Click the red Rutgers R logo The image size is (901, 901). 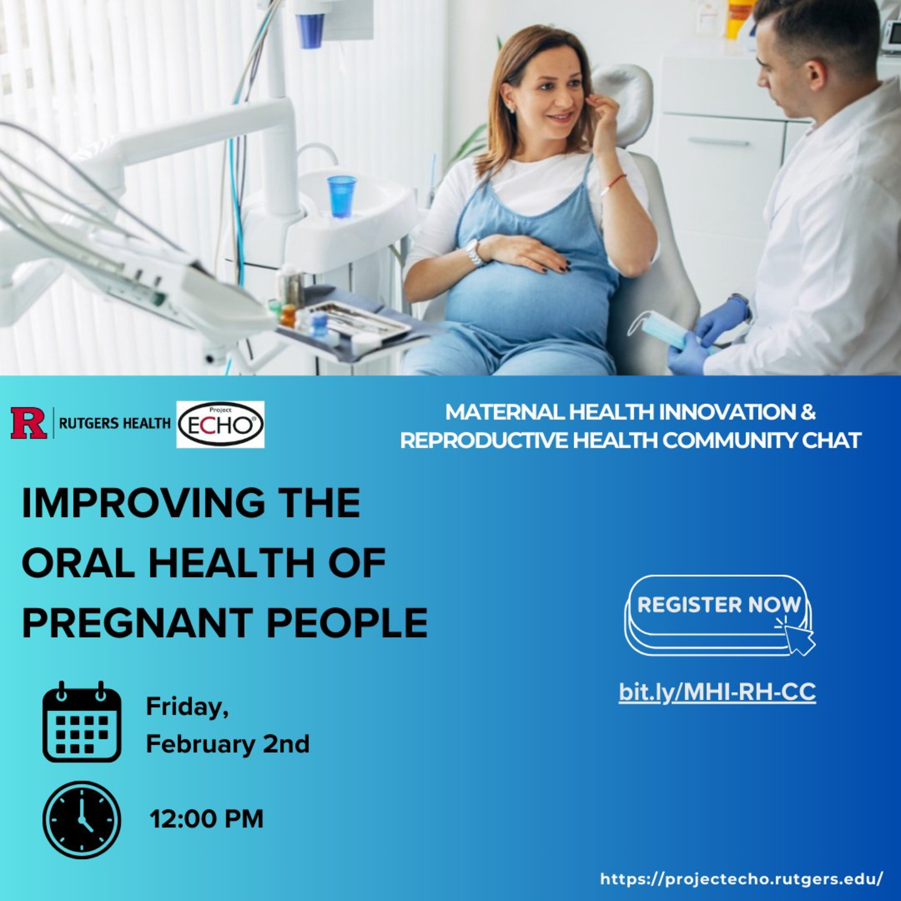[28, 423]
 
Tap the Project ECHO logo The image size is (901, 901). [220, 424]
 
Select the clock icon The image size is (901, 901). [82, 820]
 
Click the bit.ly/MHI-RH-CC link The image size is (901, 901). [717, 692]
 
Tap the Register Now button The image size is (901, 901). [718, 614]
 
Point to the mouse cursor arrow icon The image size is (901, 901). [799, 639]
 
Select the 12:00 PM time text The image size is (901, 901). [207, 819]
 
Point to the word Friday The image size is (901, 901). [187, 707]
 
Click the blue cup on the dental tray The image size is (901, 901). [342, 196]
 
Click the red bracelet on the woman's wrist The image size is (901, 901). [613, 180]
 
